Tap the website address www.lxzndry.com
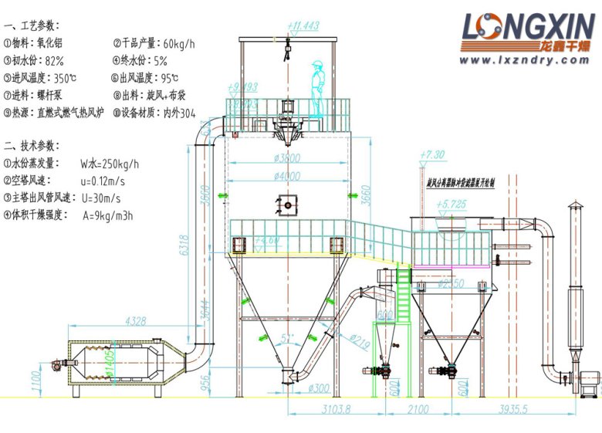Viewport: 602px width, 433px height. [x=529, y=59]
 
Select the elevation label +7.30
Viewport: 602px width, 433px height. [x=433, y=154]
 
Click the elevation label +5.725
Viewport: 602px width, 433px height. [x=451, y=205]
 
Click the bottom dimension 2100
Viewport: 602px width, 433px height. [x=417, y=410]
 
